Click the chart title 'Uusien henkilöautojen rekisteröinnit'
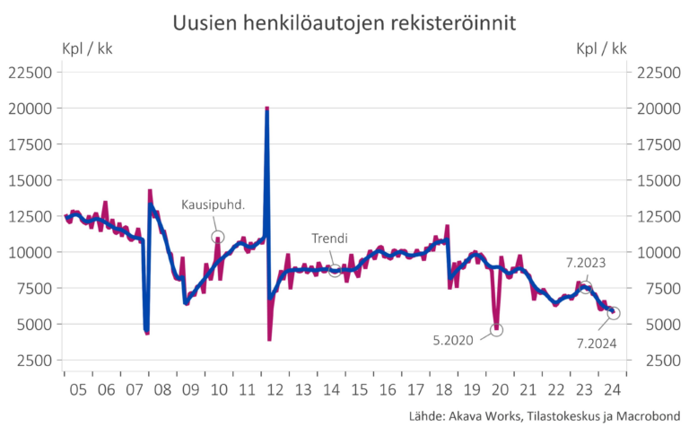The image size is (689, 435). (x=344, y=22)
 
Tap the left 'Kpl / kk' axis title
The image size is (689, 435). (x=88, y=48)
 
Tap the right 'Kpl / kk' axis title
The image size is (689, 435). (x=601, y=48)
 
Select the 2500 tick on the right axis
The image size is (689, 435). (x=660, y=360)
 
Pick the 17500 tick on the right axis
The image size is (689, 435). (x=660, y=144)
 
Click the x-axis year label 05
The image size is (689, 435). (x=77, y=389)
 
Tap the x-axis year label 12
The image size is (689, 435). (x=275, y=389)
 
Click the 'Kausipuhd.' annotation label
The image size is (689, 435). (x=213, y=204)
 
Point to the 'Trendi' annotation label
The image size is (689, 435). (x=329, y=239)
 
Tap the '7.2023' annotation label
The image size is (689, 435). (x=585, y=264)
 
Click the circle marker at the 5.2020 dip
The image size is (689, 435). (x=496, y=329)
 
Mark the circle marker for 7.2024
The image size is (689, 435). (x=614, y=313)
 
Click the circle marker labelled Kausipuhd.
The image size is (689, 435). (x=218, y=237)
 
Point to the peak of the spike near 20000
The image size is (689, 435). (x=267, y=109)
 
